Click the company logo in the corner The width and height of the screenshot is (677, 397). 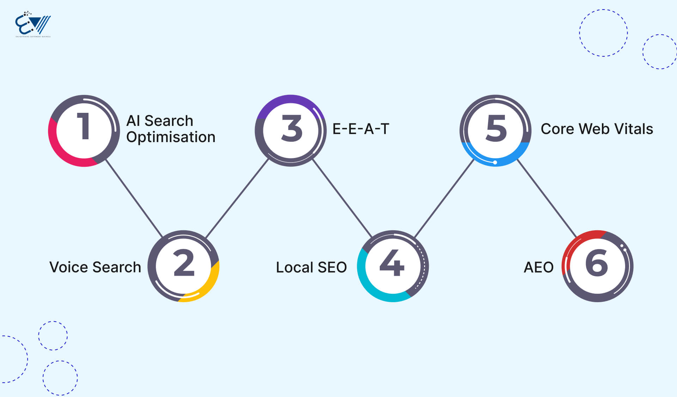coord(33,25)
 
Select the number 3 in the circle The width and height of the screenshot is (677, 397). coord(292,128)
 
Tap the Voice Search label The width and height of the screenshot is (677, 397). coord(95,267)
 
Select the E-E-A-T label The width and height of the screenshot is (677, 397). coord(361,129)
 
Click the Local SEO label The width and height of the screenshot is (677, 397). coord(311,267)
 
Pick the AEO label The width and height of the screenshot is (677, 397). coord(538,267)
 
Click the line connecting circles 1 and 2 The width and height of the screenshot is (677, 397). coord(134,198)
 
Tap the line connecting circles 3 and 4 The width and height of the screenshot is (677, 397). coord(342,198)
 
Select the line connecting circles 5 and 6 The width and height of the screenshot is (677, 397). coord(547,198)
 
